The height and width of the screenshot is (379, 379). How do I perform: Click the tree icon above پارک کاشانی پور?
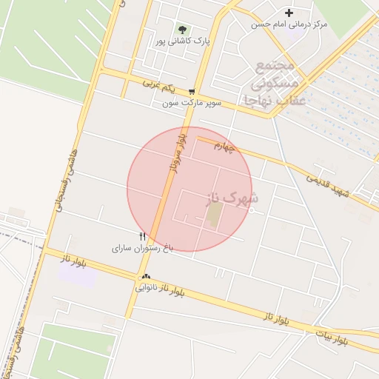coord(182,30)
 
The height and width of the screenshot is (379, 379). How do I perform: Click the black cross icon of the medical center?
coord(289,13)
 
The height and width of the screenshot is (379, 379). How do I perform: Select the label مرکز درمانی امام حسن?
coord(289,24)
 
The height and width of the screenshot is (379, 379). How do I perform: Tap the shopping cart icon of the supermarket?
coord(192,92)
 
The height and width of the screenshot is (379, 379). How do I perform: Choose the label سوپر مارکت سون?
coord(192,104)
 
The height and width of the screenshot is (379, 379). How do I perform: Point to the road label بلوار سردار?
coord(172,154)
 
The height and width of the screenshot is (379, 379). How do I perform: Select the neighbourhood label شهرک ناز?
coord(235,198)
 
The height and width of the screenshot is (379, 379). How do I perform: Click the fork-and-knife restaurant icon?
coord(142,236)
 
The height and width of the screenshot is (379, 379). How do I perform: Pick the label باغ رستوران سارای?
coord(142,248)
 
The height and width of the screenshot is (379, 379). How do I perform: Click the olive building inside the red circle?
coord(213,215)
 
